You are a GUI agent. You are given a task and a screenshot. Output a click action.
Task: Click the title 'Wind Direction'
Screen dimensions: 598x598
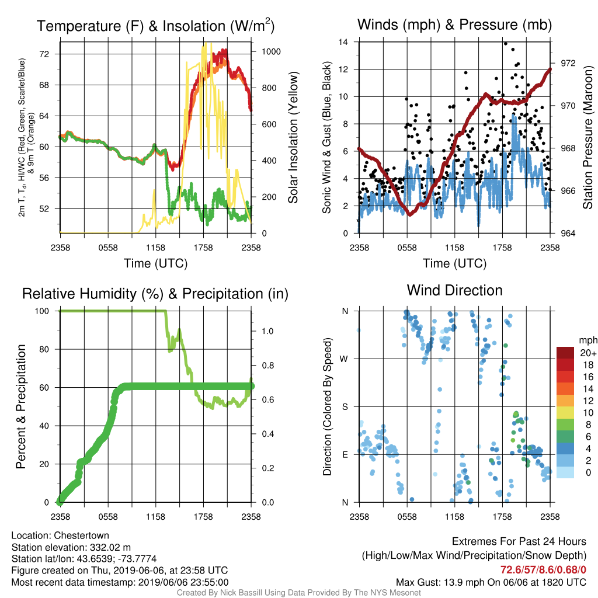[454, 290]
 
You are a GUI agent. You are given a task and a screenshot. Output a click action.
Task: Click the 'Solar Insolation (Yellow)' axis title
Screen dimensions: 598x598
[293, 137]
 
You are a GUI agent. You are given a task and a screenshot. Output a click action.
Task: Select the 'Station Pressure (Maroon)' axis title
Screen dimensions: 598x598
[587, 137]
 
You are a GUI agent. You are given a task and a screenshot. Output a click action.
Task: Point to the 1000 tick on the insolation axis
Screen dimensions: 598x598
[271, 51]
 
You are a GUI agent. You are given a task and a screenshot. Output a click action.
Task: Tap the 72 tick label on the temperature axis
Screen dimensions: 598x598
[44, 54]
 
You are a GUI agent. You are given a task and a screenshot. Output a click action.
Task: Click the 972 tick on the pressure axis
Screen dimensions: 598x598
[568, 63]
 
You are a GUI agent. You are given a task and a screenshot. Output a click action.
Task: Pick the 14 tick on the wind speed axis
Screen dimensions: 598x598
[343, 42]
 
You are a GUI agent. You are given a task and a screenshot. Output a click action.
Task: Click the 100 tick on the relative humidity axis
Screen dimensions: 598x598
[42, 311]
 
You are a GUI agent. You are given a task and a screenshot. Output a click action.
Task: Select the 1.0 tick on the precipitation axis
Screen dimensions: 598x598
[267, 331]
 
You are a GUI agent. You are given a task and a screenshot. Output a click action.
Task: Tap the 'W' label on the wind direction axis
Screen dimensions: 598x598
[344, 359]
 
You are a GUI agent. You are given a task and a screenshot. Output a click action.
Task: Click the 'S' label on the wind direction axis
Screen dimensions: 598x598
[345, 406]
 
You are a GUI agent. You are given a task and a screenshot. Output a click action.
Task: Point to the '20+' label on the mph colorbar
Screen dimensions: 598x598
[588, 353]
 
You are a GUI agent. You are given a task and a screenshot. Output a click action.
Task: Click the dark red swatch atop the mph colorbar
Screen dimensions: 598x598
[565, 353]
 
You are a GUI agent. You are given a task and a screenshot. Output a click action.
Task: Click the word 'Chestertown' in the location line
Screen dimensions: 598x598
[81, 535]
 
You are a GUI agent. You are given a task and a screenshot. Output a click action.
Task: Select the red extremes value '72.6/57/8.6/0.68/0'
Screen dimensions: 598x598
[543, 569]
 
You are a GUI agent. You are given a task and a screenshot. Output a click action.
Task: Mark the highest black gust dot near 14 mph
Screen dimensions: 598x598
[506, 43]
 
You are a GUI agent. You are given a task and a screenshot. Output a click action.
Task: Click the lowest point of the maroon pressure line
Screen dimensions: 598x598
[410, 214]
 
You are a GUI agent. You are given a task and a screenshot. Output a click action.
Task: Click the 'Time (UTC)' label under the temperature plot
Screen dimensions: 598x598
[155, 263]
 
